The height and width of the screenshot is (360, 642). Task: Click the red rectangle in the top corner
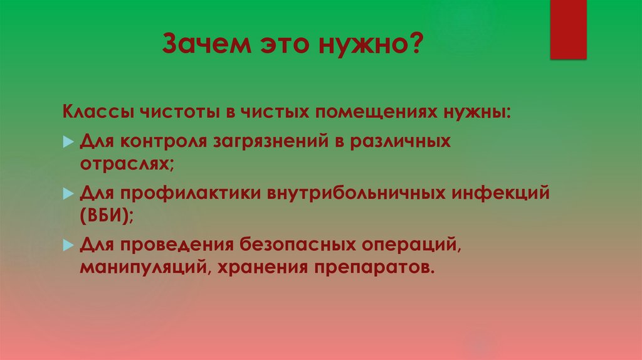tap(568, 29)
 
